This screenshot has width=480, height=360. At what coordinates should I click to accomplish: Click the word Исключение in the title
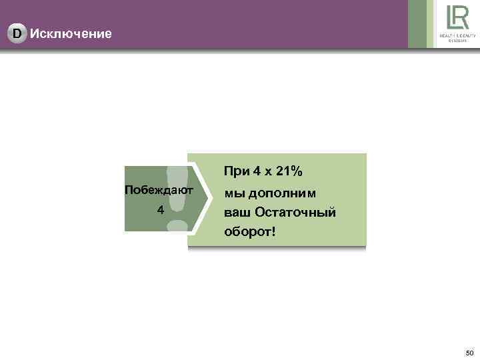tap(71, 33)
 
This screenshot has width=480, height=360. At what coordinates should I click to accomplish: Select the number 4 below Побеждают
tap(159, 210)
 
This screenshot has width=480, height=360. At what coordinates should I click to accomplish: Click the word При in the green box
tap(237, 172)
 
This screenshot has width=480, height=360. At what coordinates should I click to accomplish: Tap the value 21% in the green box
tap(288, 172)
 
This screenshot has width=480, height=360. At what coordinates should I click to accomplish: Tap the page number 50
tap(469, 352)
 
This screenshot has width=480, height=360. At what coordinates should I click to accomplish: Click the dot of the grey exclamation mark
tap(176, 225)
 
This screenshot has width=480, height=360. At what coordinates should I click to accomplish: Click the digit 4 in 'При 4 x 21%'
tap(257, 172)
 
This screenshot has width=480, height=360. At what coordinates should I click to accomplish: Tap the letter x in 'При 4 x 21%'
tap(268, 173)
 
